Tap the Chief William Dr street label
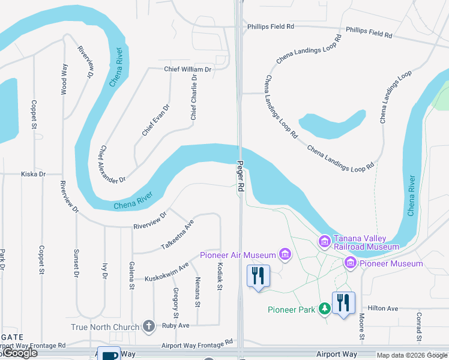point(188,70)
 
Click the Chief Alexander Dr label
point(112,164)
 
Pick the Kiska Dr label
point(33,174)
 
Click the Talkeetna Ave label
point(178,235)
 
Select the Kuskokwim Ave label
point(167,271)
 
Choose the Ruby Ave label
point(176,326)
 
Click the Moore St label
point(363,324)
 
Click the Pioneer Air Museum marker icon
point(285,255)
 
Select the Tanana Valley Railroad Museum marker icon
point(325,241)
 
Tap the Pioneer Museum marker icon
point(351,263)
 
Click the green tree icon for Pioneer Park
point(325,309)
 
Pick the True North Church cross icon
point(149,326)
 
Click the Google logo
point(19,353)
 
